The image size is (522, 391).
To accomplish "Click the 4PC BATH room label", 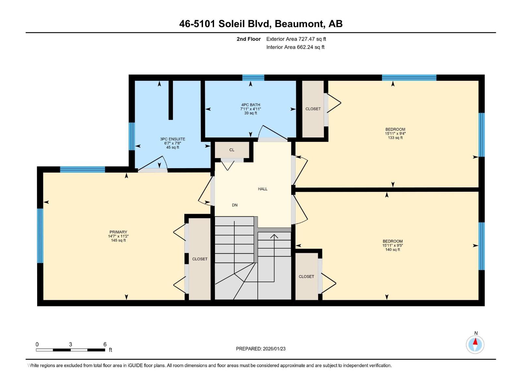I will [x=251, y=105].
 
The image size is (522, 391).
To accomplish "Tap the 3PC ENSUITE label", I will [x=173, y=139].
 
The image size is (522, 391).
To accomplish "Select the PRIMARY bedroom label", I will [x=118, y=232].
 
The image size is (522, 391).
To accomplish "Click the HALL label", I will [x=263, y=189].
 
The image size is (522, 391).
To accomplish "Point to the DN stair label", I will [x=235, y=205].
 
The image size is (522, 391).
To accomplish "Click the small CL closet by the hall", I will [x=232, y=150].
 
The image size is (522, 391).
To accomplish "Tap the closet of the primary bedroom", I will [x=200, y=259].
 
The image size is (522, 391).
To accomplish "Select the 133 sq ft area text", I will [x=395, y=138].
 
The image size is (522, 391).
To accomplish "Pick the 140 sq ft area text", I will [x=392, y=250].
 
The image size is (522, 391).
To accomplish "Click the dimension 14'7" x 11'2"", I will [x=118, y=236].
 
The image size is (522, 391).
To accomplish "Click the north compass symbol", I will [x=475, y=344].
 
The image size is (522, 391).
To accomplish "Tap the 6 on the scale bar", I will [x=105, y=344].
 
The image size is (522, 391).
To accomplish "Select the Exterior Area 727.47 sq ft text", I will [x=296, y=39].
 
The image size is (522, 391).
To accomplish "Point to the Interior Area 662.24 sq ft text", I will [x=295, y=47].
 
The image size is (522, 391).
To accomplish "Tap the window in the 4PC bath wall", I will [x=253, y=78].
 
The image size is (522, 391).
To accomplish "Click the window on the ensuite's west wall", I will [x=132, y=136].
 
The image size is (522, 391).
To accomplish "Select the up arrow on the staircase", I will [x=274, y=237].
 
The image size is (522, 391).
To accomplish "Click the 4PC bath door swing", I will [x=272, y=132].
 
